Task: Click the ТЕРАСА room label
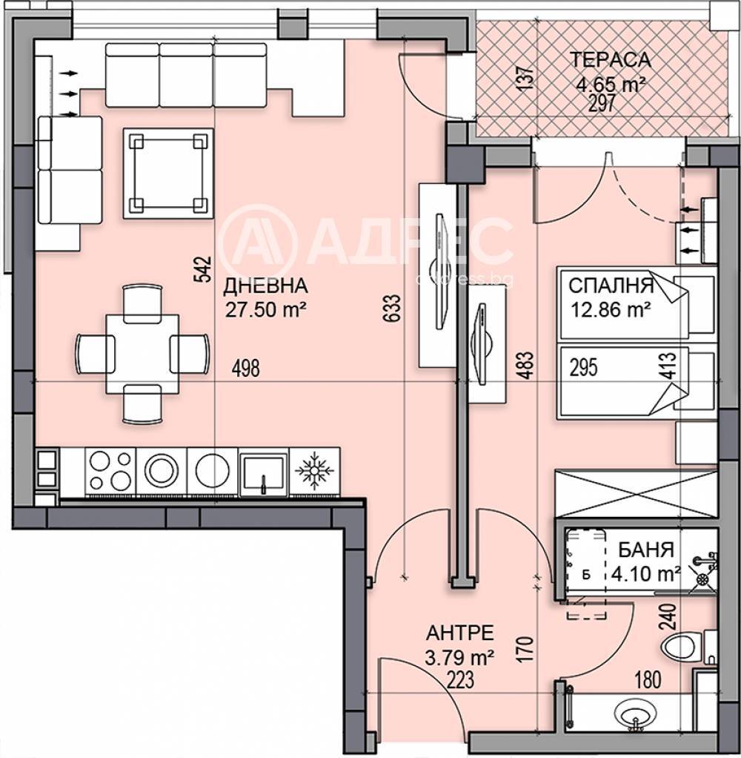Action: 611,60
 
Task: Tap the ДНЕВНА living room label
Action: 265,286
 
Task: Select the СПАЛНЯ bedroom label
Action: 611,286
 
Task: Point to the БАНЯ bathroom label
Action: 646,550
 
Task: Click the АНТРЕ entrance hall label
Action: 460,633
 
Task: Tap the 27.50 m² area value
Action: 266,309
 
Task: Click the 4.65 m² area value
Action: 611,85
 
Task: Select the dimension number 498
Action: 245,369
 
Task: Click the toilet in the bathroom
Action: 688,647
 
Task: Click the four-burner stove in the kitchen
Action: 110,471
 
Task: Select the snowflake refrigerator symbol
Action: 314,471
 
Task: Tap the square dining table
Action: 142,354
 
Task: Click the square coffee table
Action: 168,173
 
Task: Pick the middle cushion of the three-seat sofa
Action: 186,75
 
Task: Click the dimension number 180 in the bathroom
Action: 647,681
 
